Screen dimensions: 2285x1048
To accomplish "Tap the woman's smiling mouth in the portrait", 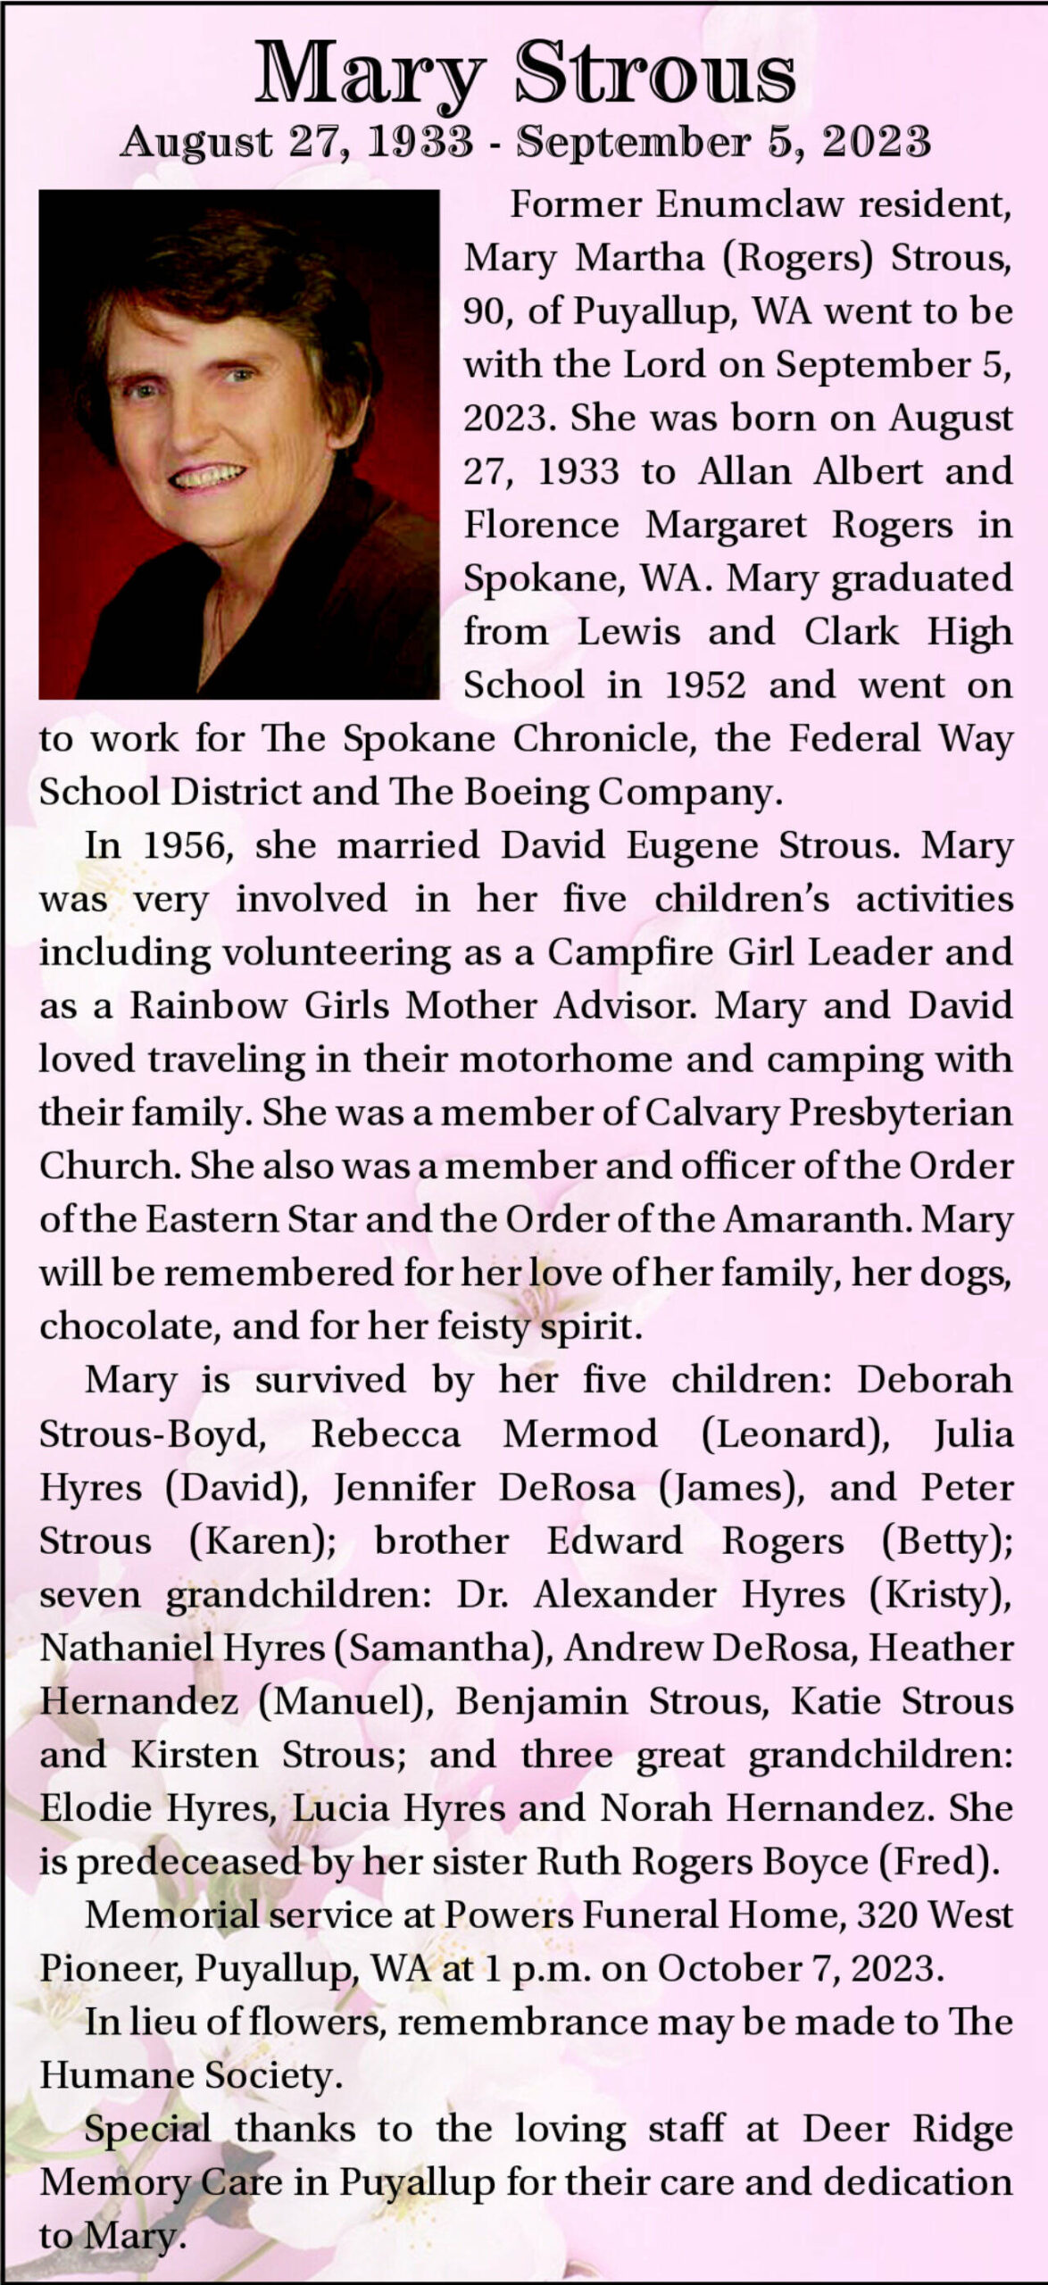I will (207, 477).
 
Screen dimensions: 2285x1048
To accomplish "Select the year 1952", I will (704, 685).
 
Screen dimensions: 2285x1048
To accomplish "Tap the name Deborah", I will (935, 1380).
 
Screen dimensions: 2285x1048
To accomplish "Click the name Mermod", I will (580, 1434).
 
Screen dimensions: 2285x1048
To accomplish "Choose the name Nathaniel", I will (124, 1648).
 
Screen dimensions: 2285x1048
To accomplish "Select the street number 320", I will (887, 1915).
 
